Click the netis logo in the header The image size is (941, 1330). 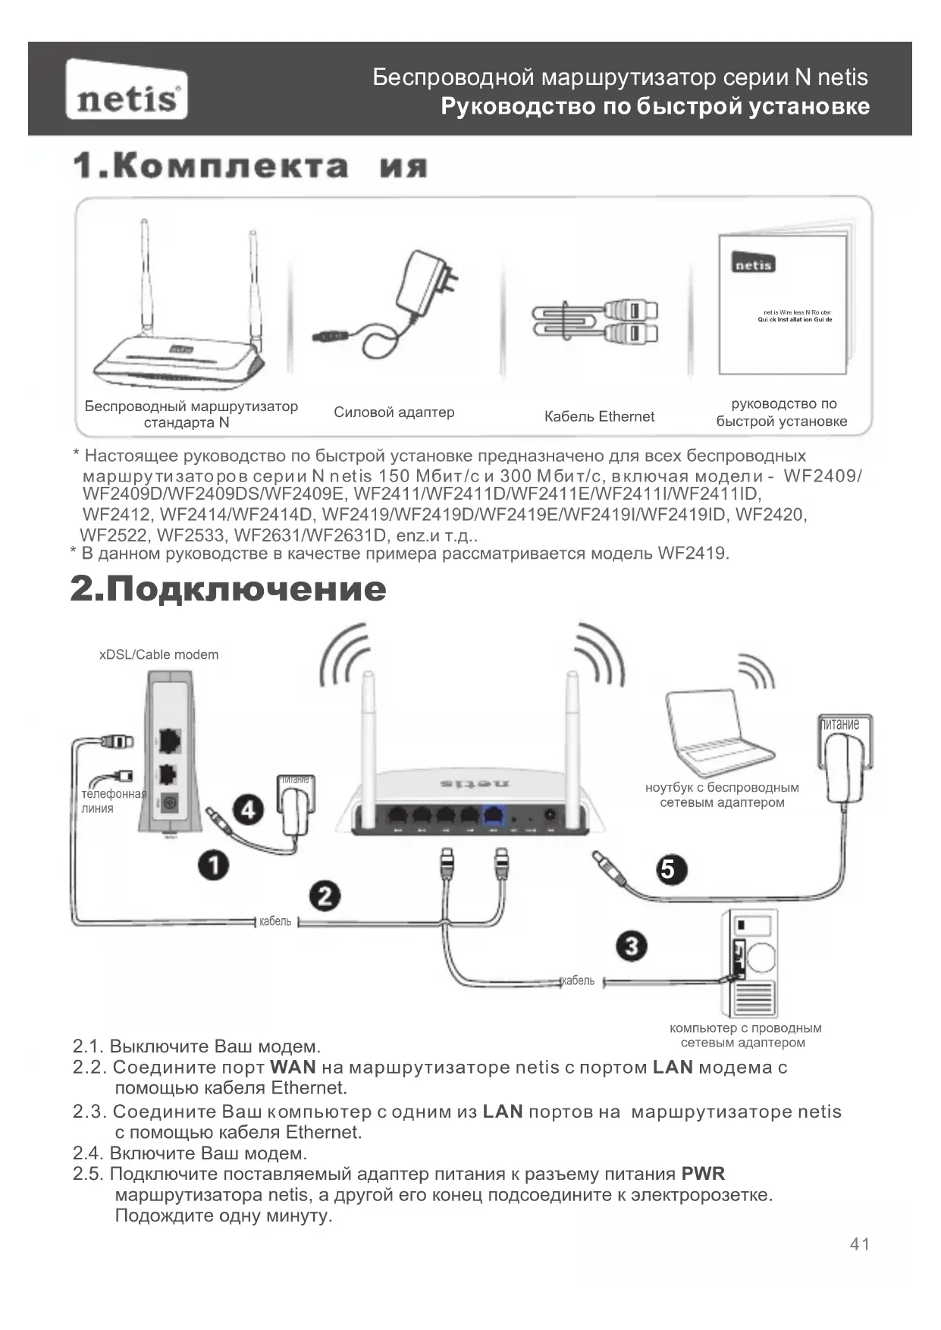[127, 90]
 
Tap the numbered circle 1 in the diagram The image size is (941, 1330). [214, 864]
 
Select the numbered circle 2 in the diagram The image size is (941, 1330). [325, 896]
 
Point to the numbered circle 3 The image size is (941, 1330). [631, 946]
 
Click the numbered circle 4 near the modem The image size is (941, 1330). [247, 810]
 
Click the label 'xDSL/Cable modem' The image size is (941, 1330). [158, 654]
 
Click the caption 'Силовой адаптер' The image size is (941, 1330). [394, 412]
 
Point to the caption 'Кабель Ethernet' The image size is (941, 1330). [599, 416]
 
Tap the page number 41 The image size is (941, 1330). [860, 1244]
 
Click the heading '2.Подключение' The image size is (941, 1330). [228, 589]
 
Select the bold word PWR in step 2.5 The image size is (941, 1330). [703, 1174]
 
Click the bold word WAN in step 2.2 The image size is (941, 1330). [293, 1067]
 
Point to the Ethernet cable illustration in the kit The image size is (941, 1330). [595, 321]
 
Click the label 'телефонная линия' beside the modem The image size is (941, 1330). [114, 801]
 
